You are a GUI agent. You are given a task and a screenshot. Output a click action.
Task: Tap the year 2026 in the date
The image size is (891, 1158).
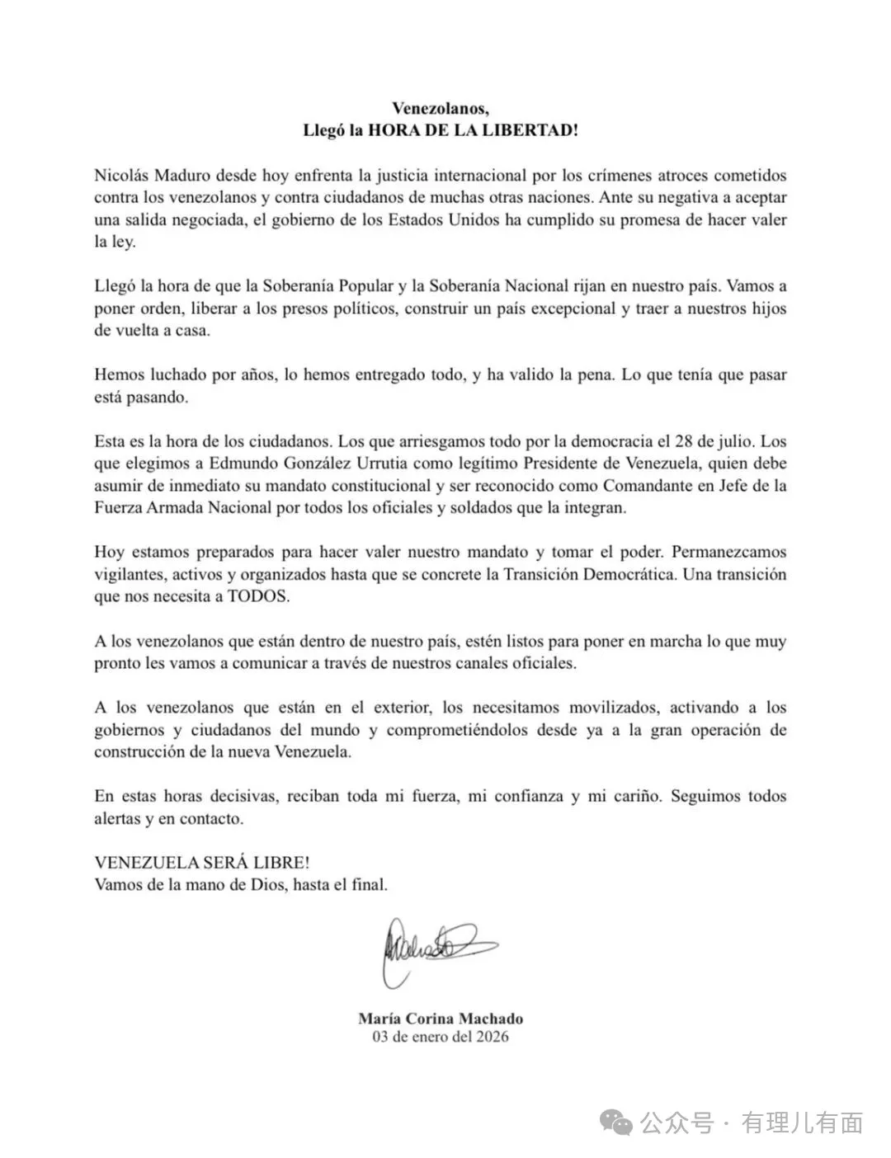492,1037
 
